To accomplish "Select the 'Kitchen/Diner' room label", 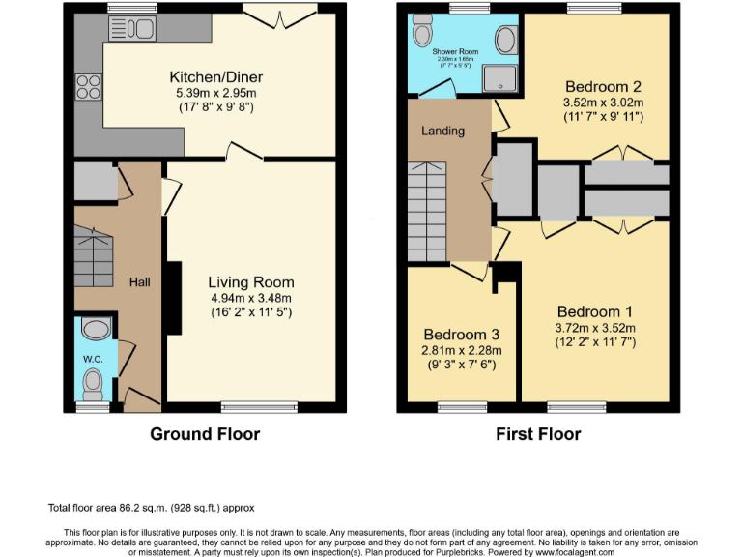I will (x=216, y=77).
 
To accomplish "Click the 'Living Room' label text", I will (x=250, y=282).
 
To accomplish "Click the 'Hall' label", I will (x=140, y=281).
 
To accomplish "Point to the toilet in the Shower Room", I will (x=422, y=35).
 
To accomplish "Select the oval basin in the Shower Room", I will (x=505, y=41).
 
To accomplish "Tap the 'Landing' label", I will (x=443, y=131).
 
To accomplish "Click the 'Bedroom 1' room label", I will (x=594, y=311).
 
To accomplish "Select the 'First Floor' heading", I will (x=538, y=434).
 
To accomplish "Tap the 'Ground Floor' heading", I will (x=205, y=434).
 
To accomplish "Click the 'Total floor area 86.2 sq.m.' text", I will (x=152, y=507).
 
